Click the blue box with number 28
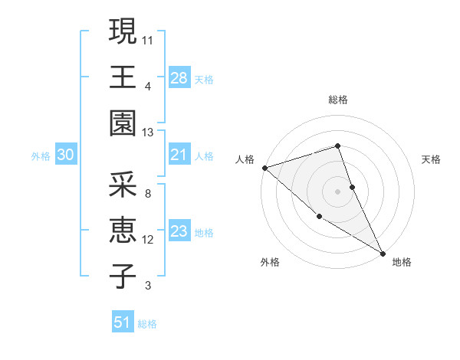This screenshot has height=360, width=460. point(179,77)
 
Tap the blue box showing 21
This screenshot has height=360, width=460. point(179,155)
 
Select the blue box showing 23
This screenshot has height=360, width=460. point(179,231)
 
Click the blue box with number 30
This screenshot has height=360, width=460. point(65,155)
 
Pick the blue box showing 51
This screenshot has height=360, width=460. point(123,322)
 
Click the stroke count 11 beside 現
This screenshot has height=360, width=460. point(148,38)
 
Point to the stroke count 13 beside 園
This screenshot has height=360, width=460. point(148,132)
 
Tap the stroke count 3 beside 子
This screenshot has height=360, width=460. point(148,286)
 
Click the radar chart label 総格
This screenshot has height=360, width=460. point(338,100)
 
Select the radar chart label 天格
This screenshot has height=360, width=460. point(432,159)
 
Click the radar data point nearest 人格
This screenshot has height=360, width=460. point(264,167)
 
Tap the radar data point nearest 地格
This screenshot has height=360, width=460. point(383,252)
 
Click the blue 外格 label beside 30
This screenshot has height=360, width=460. point(41,156)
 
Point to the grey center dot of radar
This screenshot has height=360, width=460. point(337,191)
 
